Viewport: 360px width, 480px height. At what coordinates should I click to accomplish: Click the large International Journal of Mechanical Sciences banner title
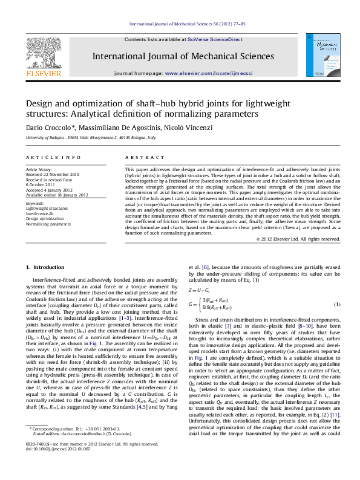point(183,56)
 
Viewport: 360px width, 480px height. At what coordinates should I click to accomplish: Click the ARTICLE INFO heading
point(53,157)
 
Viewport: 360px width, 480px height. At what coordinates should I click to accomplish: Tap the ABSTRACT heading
point(136,157)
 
